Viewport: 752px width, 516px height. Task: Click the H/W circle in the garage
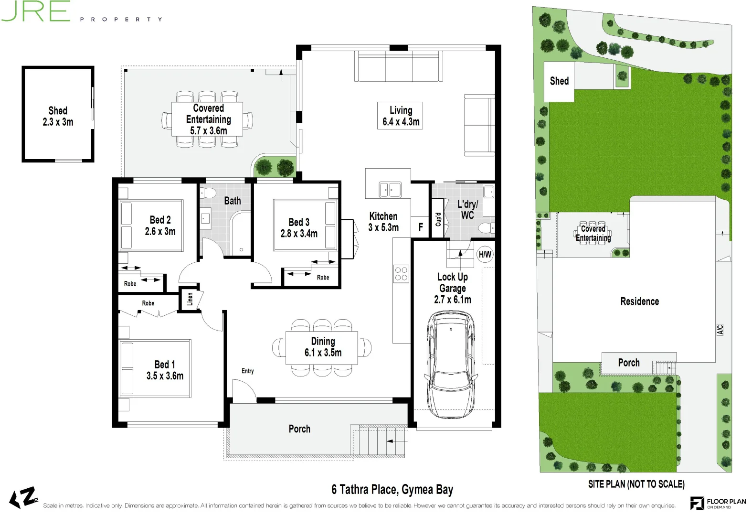point(485,254)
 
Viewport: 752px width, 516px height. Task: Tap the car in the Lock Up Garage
point(451,365)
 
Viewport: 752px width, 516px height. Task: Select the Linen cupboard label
point(190,299)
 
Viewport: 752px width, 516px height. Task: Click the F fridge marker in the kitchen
point(421,227)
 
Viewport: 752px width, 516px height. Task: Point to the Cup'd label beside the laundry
point(438,219)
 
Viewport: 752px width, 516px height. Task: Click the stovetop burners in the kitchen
point(401,273)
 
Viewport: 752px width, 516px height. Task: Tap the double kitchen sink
point(390,190)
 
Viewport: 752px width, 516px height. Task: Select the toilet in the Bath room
point(208,193)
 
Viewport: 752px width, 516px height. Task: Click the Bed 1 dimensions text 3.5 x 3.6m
point(165,376)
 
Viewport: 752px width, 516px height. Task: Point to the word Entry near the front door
point(247,371)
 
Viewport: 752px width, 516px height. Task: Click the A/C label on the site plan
point(720,330)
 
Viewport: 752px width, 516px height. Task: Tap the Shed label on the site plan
point(559,81)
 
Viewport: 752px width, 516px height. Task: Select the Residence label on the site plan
point(639,301)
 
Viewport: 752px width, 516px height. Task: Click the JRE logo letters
point(36,11)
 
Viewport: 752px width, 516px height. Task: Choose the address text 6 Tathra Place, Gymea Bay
point(392,489)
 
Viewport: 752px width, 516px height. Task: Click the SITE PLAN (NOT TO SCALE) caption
point(636,484)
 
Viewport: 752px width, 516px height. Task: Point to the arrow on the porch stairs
point(396,441)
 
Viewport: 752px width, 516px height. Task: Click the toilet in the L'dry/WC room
point(487,228)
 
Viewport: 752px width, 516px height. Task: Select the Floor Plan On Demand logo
point(718,503)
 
